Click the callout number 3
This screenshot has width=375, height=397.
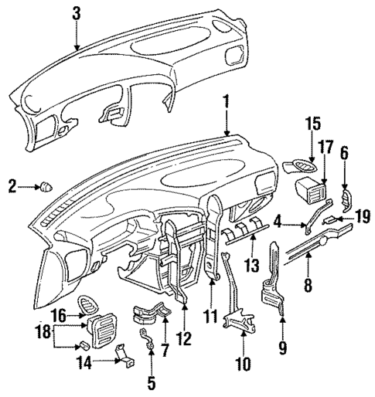coord(76,13)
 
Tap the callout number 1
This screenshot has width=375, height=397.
coord(226,101)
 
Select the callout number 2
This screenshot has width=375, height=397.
coord(12,185)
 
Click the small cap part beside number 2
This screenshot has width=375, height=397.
coord(46,185)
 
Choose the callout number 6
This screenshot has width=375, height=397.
coord(345,154)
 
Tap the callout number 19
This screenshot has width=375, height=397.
coord(362,221)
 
